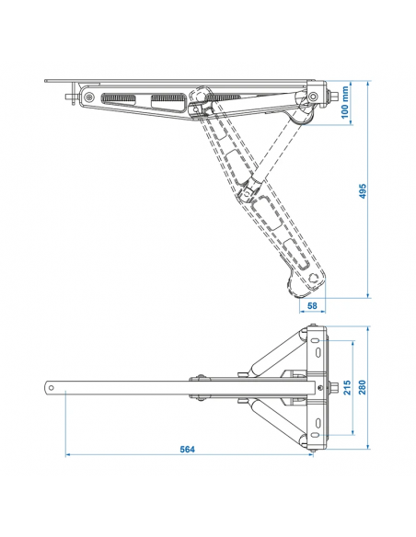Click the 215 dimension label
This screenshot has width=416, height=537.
point(346,387)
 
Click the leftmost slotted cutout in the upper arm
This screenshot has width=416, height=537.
point(120,98)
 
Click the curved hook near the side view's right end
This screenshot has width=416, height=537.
point(300,115)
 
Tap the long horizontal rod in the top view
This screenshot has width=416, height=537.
point(129,387)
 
